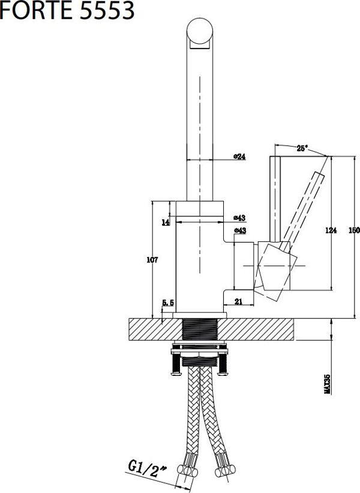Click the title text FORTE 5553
coord(67,10)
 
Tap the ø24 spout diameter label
coord(239,156)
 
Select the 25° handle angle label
coord(302,148)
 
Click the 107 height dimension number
coord(152,260)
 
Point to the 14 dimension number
coord(166,223)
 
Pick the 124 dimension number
coord(331,230)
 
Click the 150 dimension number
coord(354,230)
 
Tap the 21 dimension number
coord(238,301)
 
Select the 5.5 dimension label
coord(168,303)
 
